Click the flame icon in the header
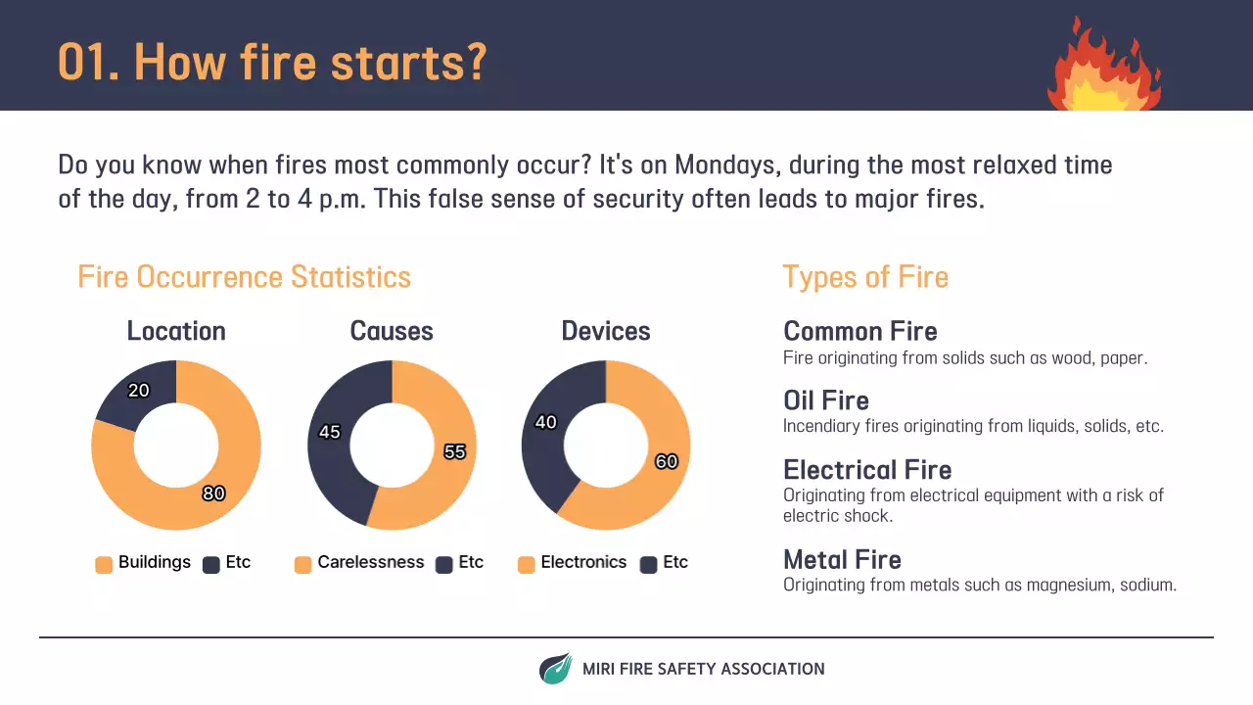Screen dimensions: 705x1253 point(1104,67)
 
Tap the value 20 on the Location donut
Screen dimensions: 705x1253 point(139,391)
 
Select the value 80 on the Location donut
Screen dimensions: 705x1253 point(213,493)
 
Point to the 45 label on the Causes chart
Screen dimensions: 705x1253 point(330,432)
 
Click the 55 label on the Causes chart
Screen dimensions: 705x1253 point(454,451)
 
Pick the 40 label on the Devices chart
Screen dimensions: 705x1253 point(545,422)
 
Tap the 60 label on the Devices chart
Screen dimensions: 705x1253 point(666,461)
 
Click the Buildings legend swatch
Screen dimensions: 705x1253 point(104,564)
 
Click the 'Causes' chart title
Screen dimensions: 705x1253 point(392,331)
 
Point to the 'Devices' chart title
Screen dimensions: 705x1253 point(606,331)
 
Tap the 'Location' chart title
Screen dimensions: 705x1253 point(176,331)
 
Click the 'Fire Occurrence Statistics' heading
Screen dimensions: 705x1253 point(244,277)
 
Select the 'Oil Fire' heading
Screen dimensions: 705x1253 point(826,400)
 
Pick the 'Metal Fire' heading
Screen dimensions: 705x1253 point(842,559)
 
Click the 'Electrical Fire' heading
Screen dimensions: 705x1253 point(867,470)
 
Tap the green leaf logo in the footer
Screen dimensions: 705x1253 point(555,669)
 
